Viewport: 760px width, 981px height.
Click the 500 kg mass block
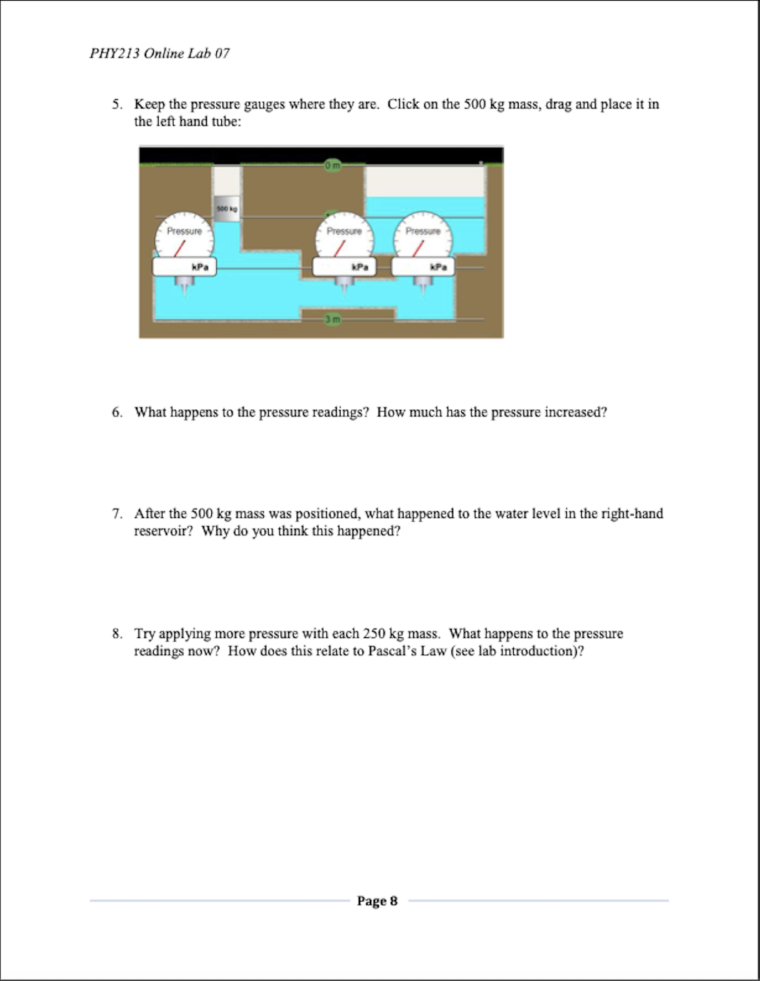pos(227,208)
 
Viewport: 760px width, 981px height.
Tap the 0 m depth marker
pos(332,166)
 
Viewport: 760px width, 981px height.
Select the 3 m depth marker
pos(332,319)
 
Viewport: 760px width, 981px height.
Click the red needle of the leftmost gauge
pos(179,248)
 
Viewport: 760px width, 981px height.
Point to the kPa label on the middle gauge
pos(360,267)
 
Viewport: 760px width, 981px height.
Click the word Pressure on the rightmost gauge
pos(423,231)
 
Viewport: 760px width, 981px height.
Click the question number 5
pos(117,104)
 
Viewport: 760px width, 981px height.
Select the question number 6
pos(117,412)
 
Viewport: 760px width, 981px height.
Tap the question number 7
pos(117,514)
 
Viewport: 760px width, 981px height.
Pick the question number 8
pos(117,634)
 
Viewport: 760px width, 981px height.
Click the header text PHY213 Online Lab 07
pos(159,54)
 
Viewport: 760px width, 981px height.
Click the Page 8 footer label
pos(377,900)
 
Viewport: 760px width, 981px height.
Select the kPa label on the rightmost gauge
pos(439,267)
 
